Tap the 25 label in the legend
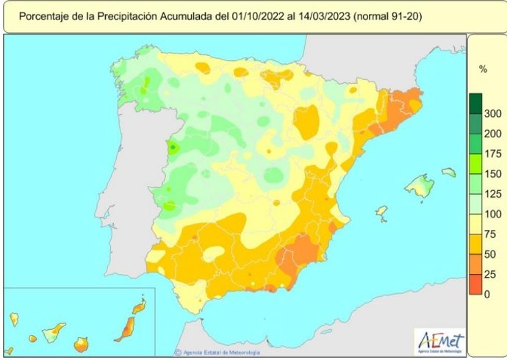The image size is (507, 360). (492, 274)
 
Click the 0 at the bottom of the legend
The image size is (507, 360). (486, 294)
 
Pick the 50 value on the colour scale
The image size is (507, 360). (492, 254)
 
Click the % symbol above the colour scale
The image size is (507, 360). (483, 69)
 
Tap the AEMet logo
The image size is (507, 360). (440, 341)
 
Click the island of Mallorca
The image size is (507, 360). (420, 185)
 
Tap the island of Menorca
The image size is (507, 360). (448, 172)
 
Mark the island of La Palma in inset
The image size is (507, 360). (14, 319)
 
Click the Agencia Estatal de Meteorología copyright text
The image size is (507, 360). (225, 351)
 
